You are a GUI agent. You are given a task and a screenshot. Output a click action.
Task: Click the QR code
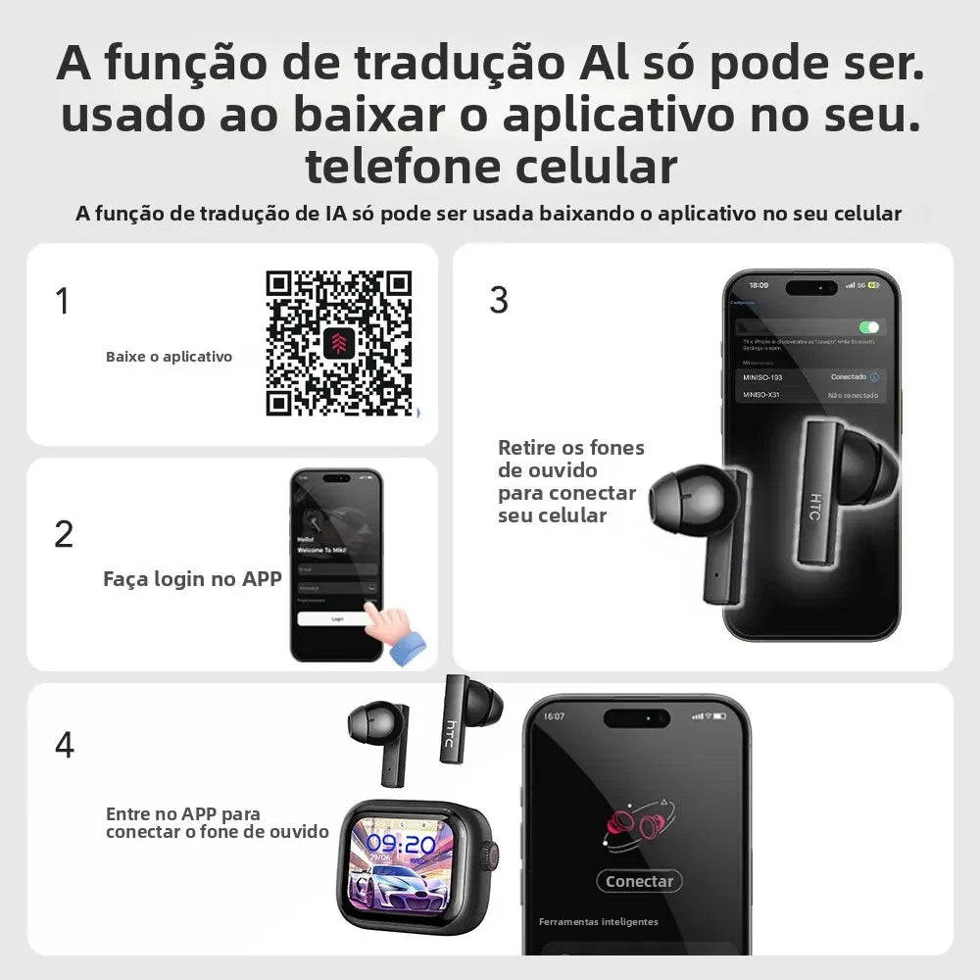tap(338, 343)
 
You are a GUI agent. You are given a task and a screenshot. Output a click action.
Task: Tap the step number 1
tap(63, 301)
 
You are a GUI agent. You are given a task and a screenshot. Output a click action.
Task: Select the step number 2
tap(64, 534)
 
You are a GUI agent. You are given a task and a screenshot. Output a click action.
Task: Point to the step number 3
tap(499, 301)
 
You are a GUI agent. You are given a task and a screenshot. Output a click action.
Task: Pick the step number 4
tap(64, 745)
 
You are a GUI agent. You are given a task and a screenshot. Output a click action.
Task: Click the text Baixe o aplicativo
tap(169, 357)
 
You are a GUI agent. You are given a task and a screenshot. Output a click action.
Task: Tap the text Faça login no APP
tap(192, 579)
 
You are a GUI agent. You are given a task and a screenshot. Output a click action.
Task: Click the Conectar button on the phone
tap(639, 881)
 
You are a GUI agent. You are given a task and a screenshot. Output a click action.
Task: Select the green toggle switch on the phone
tap(868, 327)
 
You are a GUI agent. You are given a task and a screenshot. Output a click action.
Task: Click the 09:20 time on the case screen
tap(402, 845)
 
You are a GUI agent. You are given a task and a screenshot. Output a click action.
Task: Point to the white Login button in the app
tap(337, 619)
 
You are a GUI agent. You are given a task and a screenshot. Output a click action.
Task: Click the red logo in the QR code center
tap(338, 343)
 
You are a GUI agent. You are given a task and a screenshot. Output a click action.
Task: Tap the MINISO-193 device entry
tap(763, 377)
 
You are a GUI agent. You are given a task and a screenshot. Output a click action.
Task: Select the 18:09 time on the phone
tap(759, 285)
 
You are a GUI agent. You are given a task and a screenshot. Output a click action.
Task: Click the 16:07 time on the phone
tap(555, 716)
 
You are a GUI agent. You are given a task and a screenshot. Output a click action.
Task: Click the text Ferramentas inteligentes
tap(598, 922)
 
